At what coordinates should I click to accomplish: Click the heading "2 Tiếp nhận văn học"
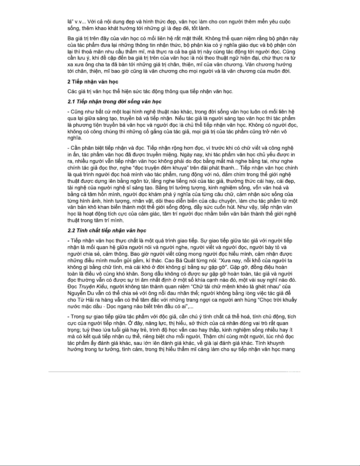(x=93, y=81)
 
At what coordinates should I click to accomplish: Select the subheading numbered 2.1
(x=114, y=102)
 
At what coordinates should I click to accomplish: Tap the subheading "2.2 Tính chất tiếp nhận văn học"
(x=107, y=231)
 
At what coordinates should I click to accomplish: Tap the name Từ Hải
(x=83, y=300)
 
